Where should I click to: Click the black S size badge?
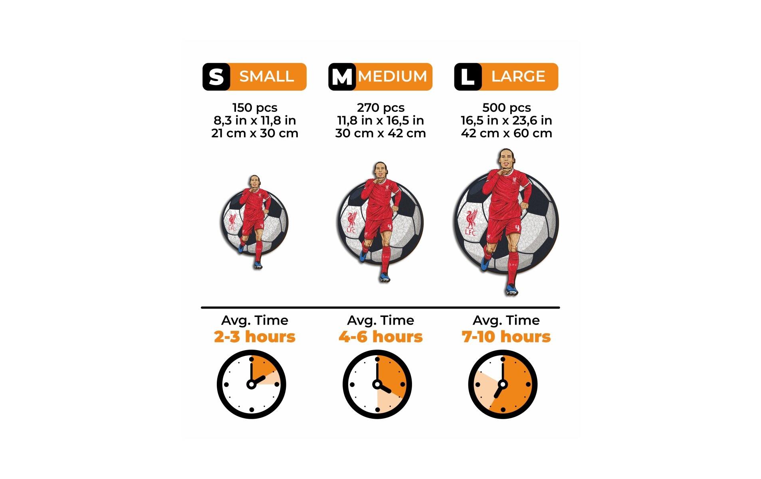(x=216, y=77)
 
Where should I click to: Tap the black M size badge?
(x=342, y=77)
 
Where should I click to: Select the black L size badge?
(x=468, y=77)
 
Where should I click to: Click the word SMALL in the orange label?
(x=267, y=76)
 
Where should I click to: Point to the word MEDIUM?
(x=392, y=76)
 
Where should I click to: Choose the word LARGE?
(x=518, y=76)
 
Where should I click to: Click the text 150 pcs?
(x=255, y=108)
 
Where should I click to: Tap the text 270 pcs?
(x=380, y=108)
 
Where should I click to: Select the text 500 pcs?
(x=506, y=108)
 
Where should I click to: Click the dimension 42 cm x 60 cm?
(x=506, y=133)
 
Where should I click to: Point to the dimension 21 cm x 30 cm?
(x=255, y=133)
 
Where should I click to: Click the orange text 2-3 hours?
(x=255, y=337)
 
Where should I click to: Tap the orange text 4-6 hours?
(x=380, y=337)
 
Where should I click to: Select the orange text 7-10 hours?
(x=506, y=337)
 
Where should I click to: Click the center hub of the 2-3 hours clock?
(x=251, y=384)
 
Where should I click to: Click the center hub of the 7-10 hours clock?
(x=503, y=384)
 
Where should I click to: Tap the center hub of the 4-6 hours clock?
(x=377, y=384)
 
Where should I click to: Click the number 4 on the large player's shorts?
(x=517, y=229)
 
